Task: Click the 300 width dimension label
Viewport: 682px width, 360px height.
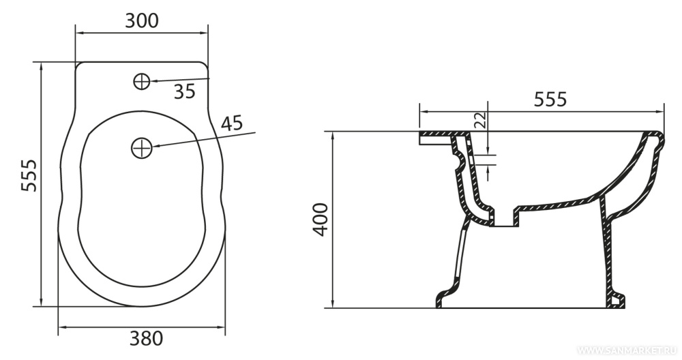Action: [x=142, y=20]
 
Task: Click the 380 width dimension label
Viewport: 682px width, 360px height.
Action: [x=146, y=338]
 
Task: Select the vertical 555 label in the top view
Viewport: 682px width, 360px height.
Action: [x=29, y=175]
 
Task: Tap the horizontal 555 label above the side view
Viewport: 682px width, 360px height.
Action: [x=550, y=100]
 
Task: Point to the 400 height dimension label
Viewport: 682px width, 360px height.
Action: [x=321, y=220]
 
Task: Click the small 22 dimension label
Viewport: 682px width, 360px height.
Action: [x=479, y=119]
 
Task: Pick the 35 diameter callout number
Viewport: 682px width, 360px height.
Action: [x=185, y=92]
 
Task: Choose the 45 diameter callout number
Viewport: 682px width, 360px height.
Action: [x=231, y=123]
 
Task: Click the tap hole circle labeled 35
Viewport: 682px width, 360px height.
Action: [x=142, y=81]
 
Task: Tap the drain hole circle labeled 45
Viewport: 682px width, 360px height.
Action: [x=141, y=148]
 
